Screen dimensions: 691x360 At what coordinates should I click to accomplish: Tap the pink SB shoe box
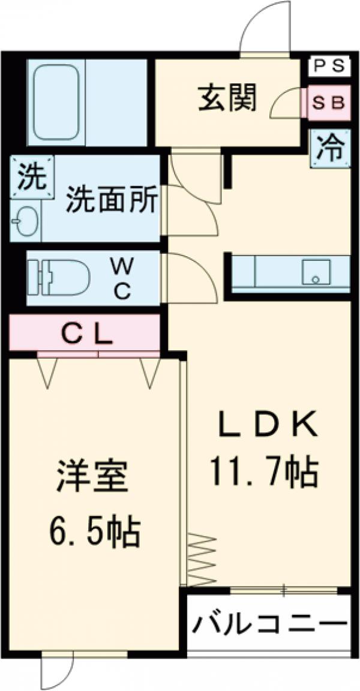click(329, 103)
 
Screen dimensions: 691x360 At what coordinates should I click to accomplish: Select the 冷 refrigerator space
click(331, 148)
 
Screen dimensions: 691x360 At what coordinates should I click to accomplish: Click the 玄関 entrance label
click(227, 97)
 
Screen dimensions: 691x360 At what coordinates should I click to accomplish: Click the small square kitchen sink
click(313, 274)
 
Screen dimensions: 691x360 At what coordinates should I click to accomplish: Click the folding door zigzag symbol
click(202, 557)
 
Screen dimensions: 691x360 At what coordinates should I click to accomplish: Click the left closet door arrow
click(48, 372)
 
